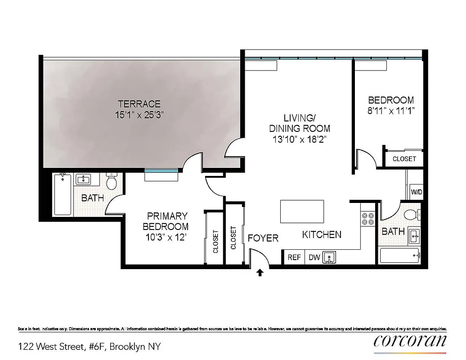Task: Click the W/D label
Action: click(417, 192)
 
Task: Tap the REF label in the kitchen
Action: click(294, 258)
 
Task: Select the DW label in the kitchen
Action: click(314, 258)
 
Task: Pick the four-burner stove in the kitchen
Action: click(368, 218)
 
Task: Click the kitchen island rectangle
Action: click(302, 211)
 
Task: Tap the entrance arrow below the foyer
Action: click(260, 273)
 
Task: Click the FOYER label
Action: click(263, 238)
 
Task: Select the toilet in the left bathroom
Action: click(111, 182)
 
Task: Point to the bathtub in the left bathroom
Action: click(63, 195)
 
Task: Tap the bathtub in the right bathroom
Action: click(400, 256)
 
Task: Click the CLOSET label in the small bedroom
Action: click(404, 159)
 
